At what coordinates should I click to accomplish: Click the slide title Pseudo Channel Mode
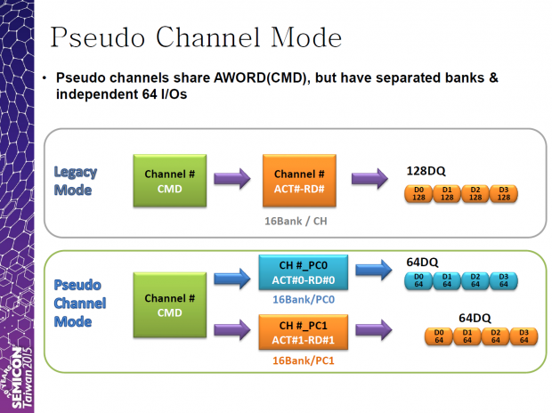[195, 37]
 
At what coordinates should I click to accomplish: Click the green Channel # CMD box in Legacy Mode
[170, 180]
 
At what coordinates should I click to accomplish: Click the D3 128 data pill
[503, 193]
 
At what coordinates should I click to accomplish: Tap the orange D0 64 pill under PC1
[437, 336]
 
